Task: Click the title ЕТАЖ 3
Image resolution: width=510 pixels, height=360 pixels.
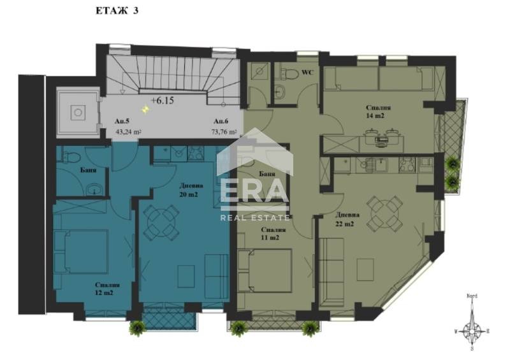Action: (x=116, y=10)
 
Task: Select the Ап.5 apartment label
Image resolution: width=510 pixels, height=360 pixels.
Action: (x=122, y=121)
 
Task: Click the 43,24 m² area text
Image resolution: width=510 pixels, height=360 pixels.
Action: (x=128, y=133)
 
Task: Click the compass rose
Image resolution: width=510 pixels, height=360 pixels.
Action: (x=472, y=330)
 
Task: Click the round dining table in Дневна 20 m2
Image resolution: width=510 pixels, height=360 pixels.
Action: (x=159, y=223)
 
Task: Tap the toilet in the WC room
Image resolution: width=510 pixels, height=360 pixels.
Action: (x=289, y=75)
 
